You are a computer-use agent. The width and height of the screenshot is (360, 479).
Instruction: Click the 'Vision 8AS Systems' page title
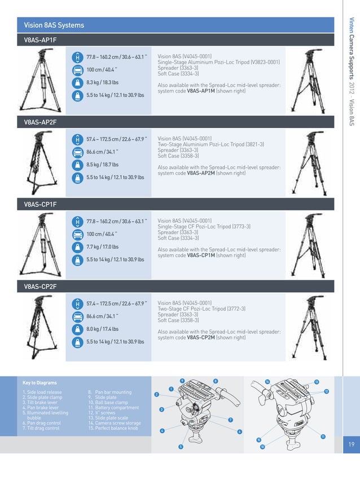tap(54, 25)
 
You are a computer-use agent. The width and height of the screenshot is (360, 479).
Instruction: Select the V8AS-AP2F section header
tap(40, 122)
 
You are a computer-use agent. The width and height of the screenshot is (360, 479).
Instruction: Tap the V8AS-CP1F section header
tap(40, 204)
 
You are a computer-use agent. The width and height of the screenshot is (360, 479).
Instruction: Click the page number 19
tap(351, 445)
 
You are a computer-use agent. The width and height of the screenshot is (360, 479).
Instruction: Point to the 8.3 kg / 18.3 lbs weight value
tap(102, 82)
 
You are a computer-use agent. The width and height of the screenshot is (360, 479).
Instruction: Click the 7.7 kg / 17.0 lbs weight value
tap(102, 247)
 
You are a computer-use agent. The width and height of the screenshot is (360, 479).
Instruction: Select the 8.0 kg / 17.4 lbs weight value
tap(102, 328)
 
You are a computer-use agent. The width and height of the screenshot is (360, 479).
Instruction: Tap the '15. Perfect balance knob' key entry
tap(113, 428)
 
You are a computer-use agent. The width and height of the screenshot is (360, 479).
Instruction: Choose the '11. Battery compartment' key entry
tap(113, 407)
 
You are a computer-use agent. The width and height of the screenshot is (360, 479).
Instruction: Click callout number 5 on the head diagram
tap(180, 447)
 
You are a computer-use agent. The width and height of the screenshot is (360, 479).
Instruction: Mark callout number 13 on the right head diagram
tap(317, 382)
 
